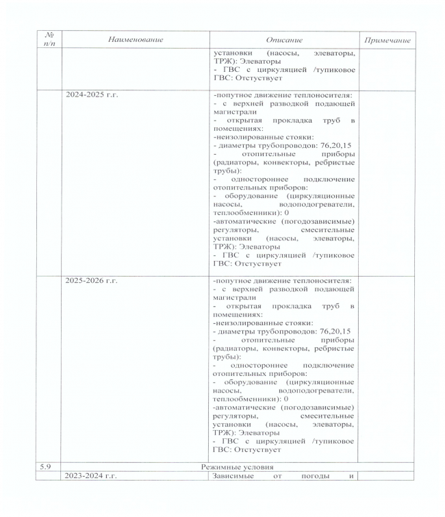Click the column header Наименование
136,40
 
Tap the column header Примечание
387,40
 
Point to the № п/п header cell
49,39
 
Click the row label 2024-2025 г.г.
92,94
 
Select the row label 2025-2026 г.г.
92,281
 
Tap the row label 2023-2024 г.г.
92,476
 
